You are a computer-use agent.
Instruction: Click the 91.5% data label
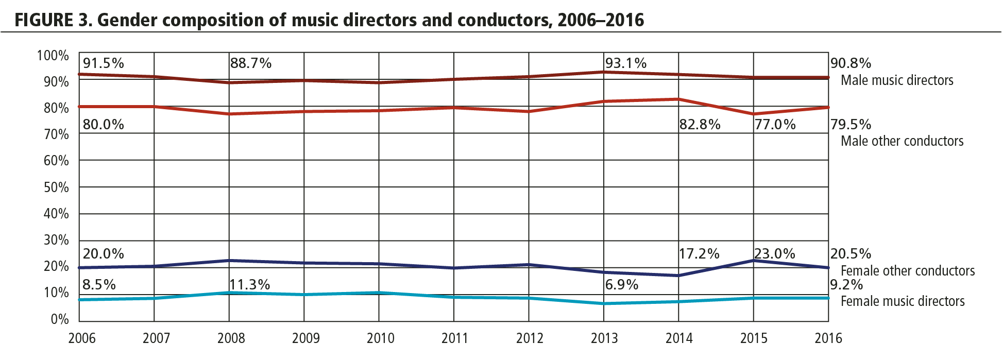pyautogui.click(x=104, y=63)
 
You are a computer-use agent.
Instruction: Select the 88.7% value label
pyautogui.click(x=251, y=63)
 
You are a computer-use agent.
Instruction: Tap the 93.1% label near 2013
pyautogui.click(x=625, y=63)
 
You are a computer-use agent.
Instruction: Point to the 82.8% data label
pyautogui.click(x=700, y=125)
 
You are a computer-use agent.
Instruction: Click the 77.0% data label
pyautogui.click(x=775, y=125)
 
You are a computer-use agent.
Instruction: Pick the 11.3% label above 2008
pyautogui.click(x=250, y=285)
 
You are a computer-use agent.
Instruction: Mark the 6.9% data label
pyautogui.click(x=622, y=285)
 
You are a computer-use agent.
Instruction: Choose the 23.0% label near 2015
pyautogui.click(x=775, y=254)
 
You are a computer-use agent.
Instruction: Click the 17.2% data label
pyautogui.click(x=699, y=254)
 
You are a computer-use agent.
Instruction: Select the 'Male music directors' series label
pyautogui.click(x=897, y=80)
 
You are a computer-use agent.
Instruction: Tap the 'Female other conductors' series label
pyautogui.click(x=908, y=271)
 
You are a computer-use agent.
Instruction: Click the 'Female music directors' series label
pyautogui.click(x=903, y=301)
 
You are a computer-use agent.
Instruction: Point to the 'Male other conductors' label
pyautogui.click(x=902, y=141)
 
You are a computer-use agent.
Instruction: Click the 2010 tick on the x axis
pyautogui.click(x=380, y=338)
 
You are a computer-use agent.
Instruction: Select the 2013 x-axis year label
pyautogui.click(x=604, y=338)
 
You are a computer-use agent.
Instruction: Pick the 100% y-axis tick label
pyautogui.click(x=53, y=56)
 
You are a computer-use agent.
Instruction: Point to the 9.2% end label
pyautogui.click(x=846, y=285)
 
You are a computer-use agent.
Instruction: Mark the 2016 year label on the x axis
pyautogui.click(x=828, y=338)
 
